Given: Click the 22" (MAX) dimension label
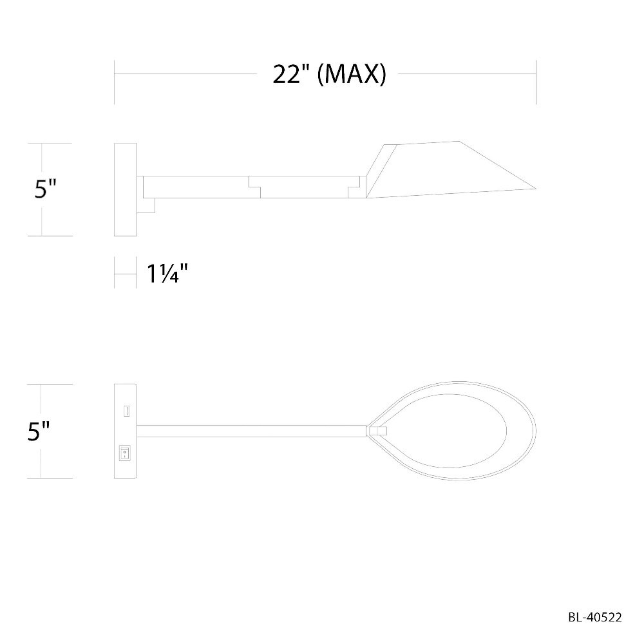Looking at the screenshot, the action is point(329,75).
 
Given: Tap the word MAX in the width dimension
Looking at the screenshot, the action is point(352,75).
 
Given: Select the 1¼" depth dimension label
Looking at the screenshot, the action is point(167,274).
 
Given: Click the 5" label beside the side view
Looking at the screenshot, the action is point(45,189).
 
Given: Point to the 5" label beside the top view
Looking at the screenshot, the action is point(39,431).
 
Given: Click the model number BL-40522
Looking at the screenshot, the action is point(595,618).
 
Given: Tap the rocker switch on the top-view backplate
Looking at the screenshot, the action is point(124,453).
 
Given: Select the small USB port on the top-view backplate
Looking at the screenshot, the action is point(126,411).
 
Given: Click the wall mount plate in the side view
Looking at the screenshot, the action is point(126,189).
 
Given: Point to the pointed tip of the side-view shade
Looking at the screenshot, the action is point(536,189).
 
